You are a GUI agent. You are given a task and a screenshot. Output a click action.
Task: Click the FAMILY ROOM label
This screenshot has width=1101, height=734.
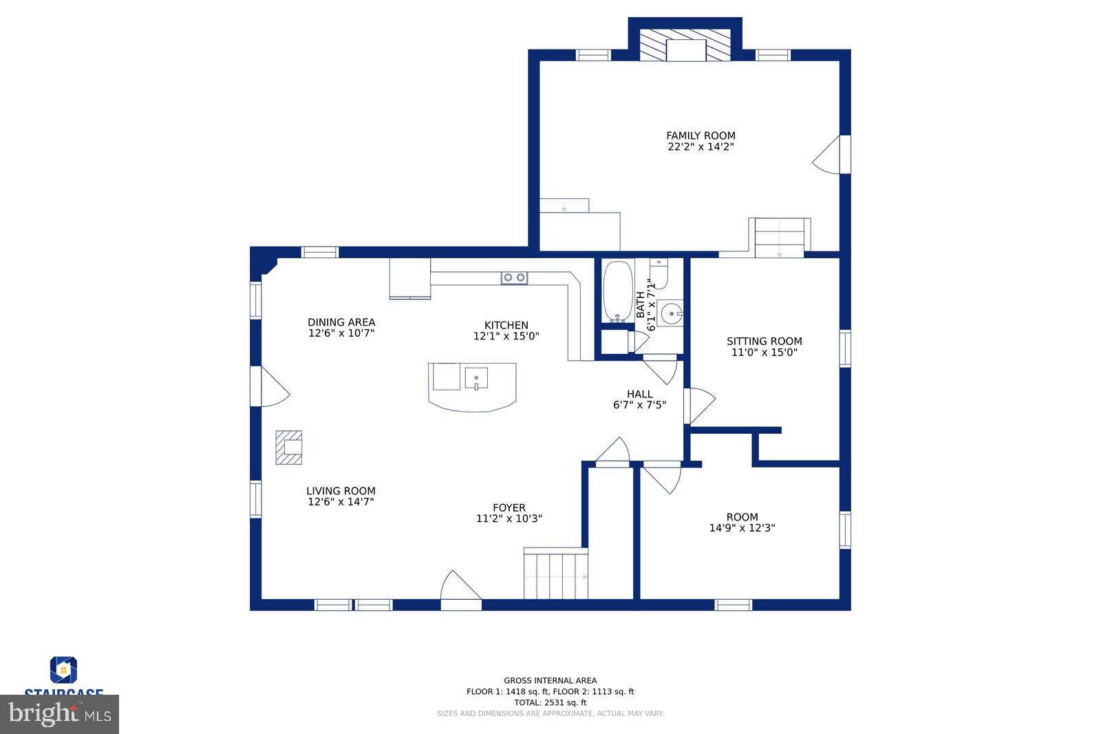700,136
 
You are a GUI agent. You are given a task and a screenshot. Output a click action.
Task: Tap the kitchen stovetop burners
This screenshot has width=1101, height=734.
514,277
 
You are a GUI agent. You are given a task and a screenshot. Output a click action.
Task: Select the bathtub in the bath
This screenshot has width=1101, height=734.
618,291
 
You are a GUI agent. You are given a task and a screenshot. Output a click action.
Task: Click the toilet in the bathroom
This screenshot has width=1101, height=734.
659,274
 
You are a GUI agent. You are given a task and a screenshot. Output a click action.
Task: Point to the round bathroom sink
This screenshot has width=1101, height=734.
669,314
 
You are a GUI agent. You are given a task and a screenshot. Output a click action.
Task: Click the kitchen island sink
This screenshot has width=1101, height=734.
475,378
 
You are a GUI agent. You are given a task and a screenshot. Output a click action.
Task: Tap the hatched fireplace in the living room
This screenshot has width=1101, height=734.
289,448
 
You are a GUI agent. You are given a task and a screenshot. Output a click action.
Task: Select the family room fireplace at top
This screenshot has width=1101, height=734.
685,46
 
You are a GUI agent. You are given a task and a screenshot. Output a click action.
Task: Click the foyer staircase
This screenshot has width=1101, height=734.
555,574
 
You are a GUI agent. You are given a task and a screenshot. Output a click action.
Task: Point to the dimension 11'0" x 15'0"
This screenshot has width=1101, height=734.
764,353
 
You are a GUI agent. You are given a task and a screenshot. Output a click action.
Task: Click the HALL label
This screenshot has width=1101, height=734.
639,394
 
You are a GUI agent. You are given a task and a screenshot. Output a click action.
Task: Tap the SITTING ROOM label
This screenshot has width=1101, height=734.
764,341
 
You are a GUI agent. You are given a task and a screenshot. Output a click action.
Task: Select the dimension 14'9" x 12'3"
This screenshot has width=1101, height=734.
742,528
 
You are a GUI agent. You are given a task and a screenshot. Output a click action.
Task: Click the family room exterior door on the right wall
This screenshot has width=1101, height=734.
831,155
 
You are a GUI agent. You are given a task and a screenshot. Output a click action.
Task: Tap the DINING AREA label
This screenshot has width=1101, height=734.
341,322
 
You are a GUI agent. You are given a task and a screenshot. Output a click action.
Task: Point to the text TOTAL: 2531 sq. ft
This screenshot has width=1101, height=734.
550,702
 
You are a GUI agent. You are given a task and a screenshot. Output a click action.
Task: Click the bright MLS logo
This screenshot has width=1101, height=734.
60,714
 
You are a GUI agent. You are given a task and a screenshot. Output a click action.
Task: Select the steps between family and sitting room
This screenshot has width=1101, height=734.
779,238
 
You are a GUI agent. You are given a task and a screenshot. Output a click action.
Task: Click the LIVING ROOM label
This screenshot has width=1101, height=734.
341,491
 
